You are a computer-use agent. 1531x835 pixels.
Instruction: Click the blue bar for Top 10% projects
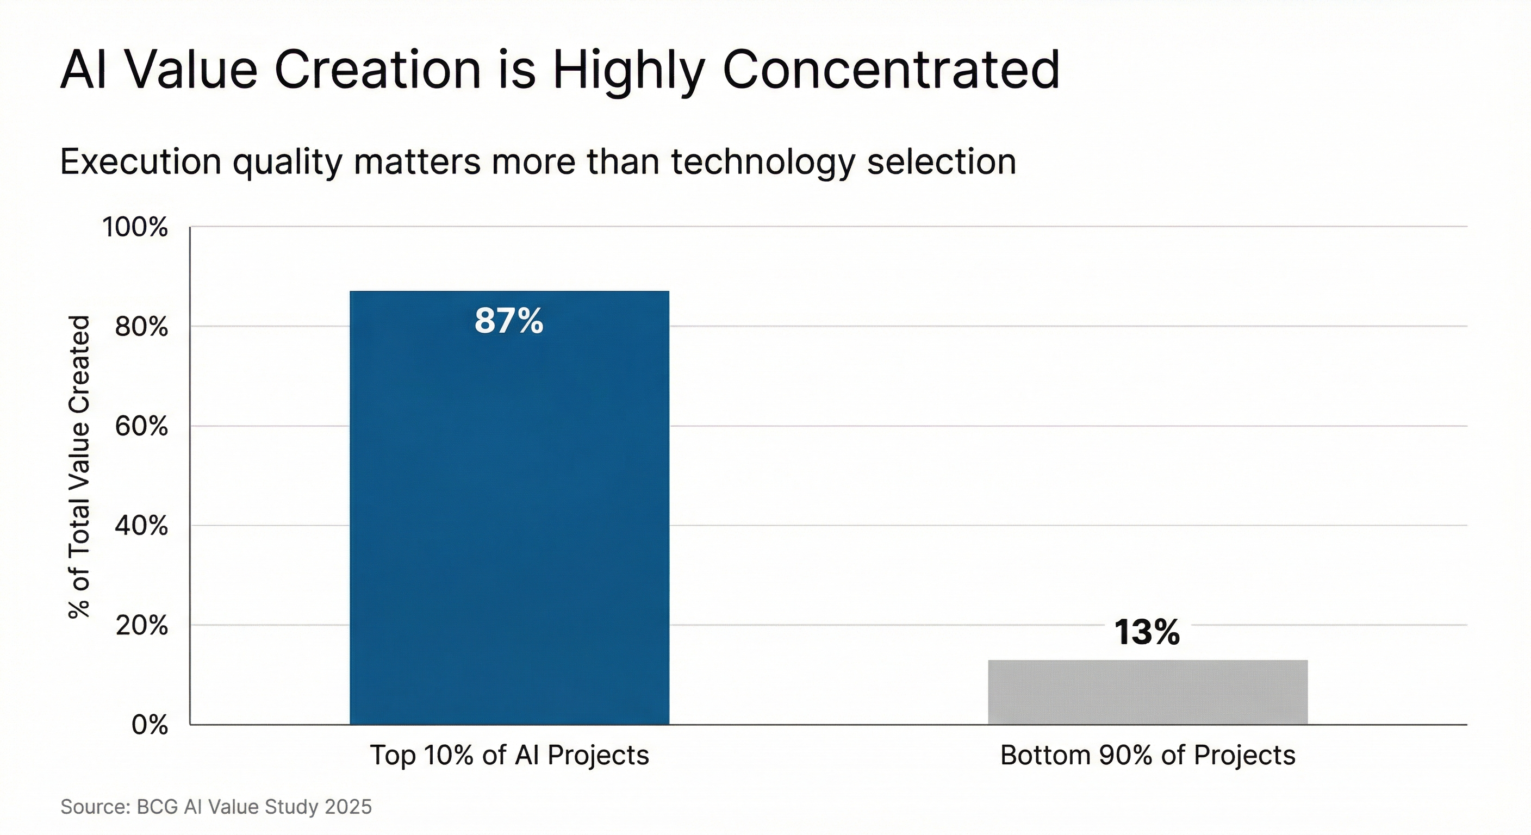coord(509,523)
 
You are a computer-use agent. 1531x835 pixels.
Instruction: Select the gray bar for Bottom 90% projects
coord(1148,692)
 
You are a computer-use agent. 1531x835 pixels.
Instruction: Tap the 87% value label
coord(509,321)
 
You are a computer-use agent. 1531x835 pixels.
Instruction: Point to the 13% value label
coord(1147,632)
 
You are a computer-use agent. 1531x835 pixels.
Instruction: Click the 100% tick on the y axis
coord(135,228)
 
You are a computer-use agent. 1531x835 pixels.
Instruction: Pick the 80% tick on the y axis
coord(141,327)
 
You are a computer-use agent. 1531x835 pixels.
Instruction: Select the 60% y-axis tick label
coord(141,427)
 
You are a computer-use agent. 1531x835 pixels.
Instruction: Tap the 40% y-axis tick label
coord(141,526)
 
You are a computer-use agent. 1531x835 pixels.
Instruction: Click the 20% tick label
coord(141,626)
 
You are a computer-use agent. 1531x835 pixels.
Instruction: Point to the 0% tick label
coord(149,726)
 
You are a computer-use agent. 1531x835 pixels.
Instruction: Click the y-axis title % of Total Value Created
coord(79,467)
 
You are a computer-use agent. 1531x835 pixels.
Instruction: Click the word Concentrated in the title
coord(891,70)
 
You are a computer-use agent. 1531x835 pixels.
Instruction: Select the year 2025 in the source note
coord(348,807)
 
